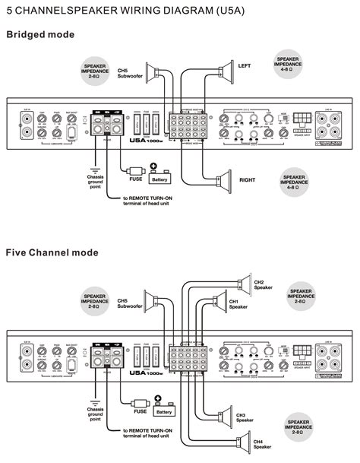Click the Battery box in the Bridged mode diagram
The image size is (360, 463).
[159, 179]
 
